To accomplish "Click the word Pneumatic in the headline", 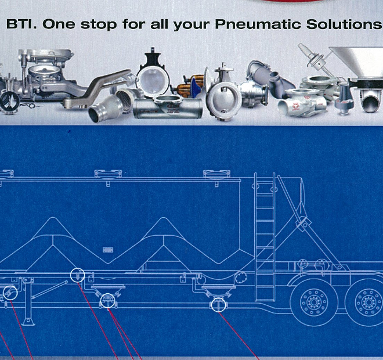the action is (258, 24).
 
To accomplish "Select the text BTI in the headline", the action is (21, 24).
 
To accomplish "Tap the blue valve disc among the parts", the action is (197, 87).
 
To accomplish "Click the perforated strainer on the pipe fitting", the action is (125, 100).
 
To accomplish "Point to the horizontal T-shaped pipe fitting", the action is (168, 107).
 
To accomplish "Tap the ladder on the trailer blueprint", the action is (265, 237).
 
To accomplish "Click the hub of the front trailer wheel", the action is (314, 303).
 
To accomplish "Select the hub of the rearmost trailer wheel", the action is (368, 303).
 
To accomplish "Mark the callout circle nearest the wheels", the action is (219, 305).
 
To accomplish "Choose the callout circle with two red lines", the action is (108, 301).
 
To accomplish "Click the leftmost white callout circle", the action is (10, 292).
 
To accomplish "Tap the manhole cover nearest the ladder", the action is (216, 174).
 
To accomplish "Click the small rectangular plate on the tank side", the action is (108, 250).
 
